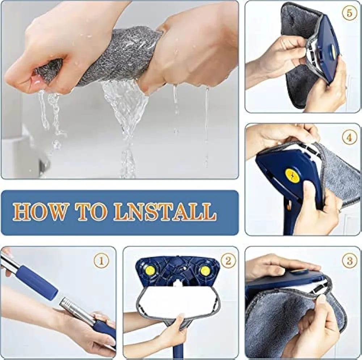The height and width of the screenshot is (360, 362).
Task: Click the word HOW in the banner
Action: point(39,212)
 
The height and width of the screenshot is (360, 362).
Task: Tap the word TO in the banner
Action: point(92,212)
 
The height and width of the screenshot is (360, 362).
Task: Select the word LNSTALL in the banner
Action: point(165,212)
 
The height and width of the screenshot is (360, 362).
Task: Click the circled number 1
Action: point(101,261)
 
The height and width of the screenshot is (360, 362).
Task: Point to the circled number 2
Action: point(228,261)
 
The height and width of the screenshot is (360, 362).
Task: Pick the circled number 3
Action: point(350,261)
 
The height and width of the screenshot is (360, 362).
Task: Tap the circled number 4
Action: point(350,137)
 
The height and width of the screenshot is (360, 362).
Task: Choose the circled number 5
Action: point(350,13)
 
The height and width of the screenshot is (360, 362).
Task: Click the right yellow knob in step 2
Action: point(204,271)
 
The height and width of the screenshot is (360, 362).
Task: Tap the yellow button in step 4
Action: point(292,175)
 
